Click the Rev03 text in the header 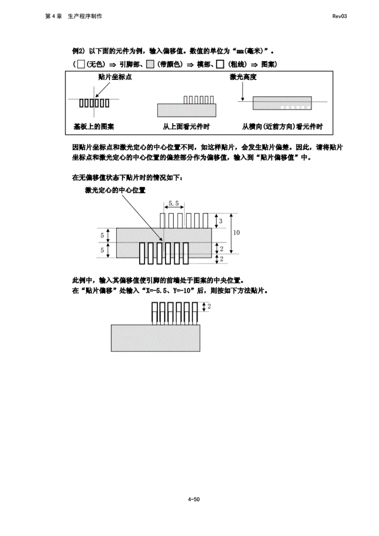coord(339,16)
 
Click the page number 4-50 coord(194,499)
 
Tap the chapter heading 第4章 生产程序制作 coord(74,16)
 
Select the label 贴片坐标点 coord(115,77)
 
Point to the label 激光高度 coord(243,77)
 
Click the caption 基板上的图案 coord(93,127)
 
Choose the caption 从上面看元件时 coord(186,127)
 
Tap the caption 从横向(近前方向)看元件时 coord(282,127)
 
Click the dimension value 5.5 coord(174,203)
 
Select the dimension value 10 coord(236,232)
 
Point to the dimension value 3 coord(220,221)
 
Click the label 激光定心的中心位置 coord(115,190)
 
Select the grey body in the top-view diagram coord(186,110)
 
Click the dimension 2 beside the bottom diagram coord(209,306)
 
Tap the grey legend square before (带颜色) coord(150,64)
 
